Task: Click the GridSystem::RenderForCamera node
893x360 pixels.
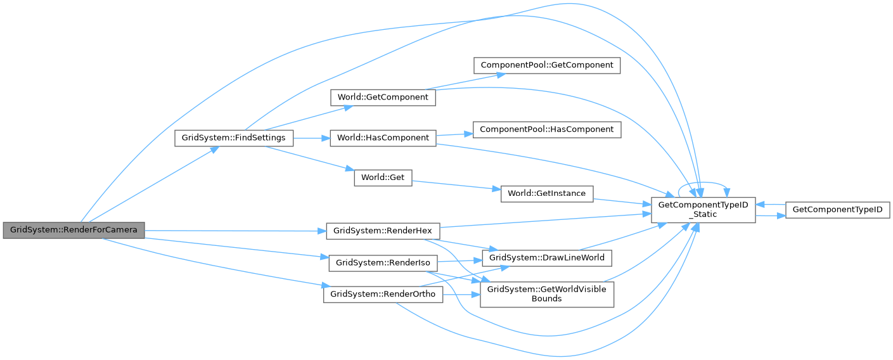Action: coord(74,229)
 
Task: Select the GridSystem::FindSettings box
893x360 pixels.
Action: coord(234,138)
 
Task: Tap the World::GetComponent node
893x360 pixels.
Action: coord(383,98)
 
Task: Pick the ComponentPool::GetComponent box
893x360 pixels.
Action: coord(547,65)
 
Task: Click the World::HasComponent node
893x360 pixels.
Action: coord(383,138)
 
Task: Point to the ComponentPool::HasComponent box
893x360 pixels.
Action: coord(547,129)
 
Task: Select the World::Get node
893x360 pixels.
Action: coord(383,177)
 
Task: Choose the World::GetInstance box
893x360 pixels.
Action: coord(547,193)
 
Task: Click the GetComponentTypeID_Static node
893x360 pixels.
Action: coord(703,210)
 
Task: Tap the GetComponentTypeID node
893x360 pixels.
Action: coord(837,210)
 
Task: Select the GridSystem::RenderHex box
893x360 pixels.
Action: coord(383,229)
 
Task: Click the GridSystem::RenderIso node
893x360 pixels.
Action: coord(383,262)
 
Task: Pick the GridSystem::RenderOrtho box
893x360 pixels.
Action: coord(383,295)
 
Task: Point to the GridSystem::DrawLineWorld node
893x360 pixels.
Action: coord(547,258)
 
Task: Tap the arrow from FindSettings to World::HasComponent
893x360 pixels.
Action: coord(311,138)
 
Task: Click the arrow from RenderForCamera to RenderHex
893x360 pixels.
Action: coord(234,229)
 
